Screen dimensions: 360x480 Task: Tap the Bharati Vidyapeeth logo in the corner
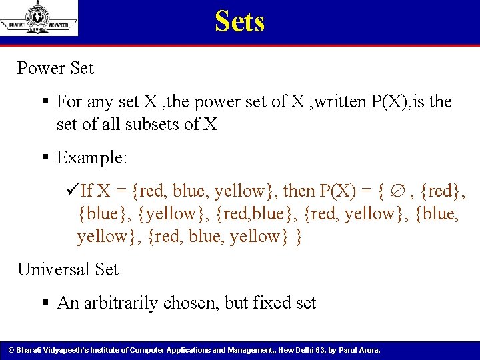pos(39,19)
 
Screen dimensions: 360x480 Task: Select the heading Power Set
pos(55,68)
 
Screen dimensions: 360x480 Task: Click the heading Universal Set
pos(67,269)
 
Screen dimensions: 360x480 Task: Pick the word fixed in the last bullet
pos(273,303)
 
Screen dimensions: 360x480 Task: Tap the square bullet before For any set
pos(45,103)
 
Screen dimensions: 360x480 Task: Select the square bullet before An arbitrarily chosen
pos(45,304)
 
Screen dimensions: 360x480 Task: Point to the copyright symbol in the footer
pos(11,350)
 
